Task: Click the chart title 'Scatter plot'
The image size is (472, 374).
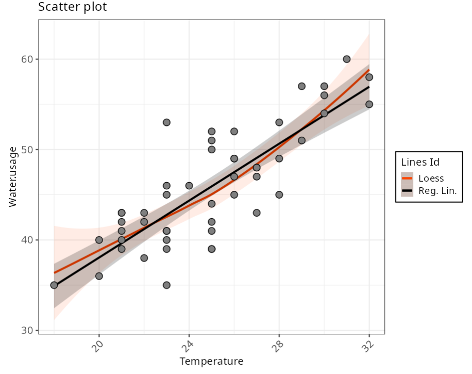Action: coord(72,7)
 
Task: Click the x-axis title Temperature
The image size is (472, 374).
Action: coord(211,361)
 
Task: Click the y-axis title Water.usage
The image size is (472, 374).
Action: coord(13,177)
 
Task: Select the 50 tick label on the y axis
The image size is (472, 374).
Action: coord(27,150)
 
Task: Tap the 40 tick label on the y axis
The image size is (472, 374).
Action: coord(27,240)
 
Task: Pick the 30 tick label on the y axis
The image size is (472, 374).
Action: coord(27,330)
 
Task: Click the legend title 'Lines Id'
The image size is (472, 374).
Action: coord(420,162)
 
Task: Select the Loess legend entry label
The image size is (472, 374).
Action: coord(431,178)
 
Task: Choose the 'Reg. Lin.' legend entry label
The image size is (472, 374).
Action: coord(437,192)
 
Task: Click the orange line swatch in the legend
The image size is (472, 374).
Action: coord(407,178)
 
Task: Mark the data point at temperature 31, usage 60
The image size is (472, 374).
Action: coord(347,59)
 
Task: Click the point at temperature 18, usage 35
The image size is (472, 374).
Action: coord(54,285)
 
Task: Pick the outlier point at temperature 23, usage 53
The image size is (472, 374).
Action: coord(166,122)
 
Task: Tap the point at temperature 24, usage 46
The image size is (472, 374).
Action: coord(189,186)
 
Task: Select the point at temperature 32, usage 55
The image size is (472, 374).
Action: coord(369,104)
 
